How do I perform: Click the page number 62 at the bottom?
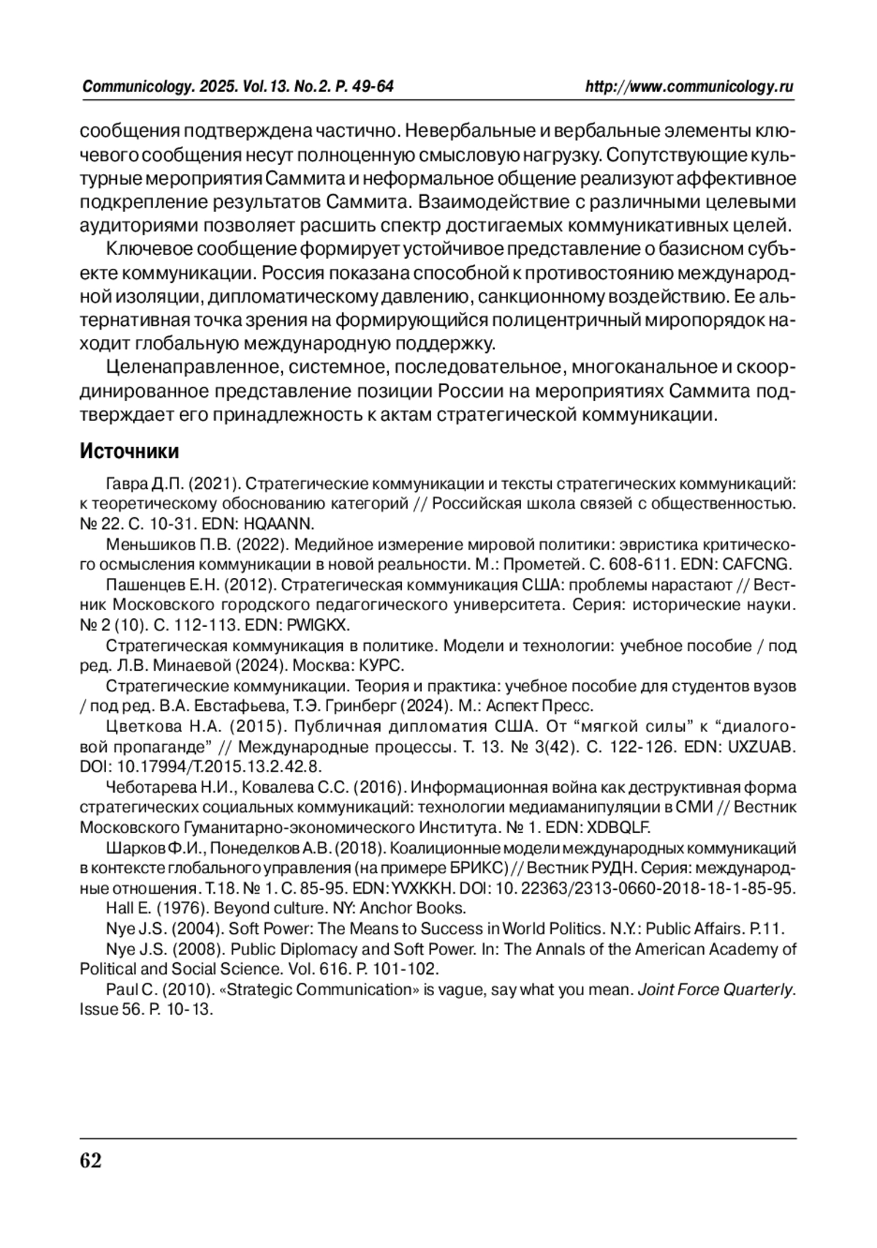tap(91, 1161)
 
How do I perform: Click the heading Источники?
tap(129, 452)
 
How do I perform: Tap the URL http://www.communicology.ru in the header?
tap(689, 87)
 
